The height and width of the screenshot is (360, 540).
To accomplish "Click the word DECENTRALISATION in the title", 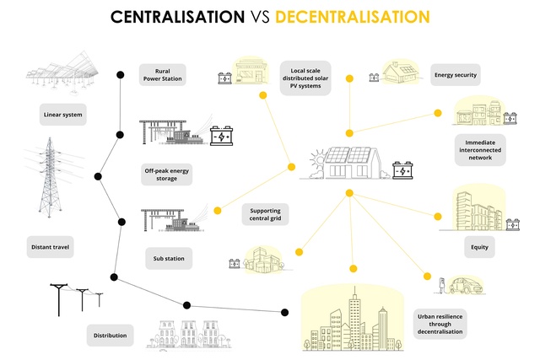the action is (353, 17).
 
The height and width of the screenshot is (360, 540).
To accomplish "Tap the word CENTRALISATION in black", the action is (177, 17).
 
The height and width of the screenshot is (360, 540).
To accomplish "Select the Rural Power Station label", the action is (163, 75).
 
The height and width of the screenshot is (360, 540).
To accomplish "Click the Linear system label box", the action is (62, 115).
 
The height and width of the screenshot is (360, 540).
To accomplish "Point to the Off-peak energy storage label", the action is (167, 175).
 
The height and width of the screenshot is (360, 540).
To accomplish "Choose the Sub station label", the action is (169, 258).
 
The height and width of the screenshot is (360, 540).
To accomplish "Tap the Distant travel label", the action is (51, 247).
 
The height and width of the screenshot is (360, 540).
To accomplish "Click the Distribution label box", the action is (111, 336).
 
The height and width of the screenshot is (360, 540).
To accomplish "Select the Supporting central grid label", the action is (265, 214).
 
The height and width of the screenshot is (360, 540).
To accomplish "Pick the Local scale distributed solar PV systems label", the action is (305, 78).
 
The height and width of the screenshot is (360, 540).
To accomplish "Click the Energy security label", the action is (456, 75).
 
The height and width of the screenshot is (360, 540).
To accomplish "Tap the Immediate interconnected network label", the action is (480, 150).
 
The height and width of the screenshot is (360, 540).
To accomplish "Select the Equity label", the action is (480, 247).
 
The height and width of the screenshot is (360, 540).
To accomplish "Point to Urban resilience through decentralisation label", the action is (440, 324).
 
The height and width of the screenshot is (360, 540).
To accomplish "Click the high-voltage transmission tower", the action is (51, 177).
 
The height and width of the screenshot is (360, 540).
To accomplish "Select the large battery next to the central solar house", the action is (402, 170).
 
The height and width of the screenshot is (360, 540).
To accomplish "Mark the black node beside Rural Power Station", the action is (120, 75).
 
